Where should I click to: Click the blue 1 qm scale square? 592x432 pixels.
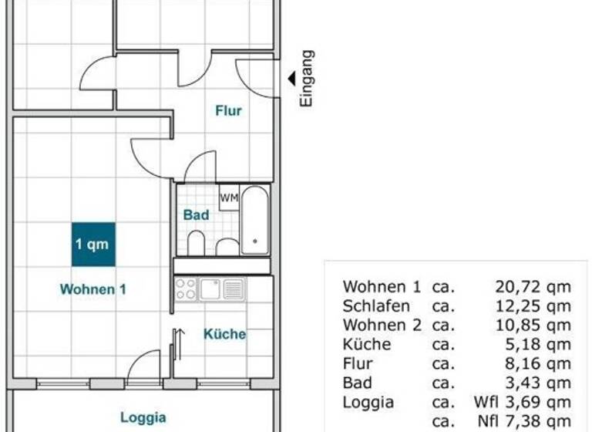(93, 245)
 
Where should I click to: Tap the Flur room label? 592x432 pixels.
(228, 111)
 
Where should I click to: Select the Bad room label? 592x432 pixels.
(196, 215)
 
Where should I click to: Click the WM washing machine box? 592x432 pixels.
(229, 197)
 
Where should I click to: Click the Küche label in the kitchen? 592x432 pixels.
(224, 334)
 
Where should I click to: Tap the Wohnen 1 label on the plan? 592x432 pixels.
(93, 290)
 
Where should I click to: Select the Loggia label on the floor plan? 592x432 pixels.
(143, 417)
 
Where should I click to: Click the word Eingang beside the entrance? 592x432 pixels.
(306, 78)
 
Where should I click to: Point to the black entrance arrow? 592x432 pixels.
(292, 78)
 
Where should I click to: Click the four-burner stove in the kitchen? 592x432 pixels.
(186, 289)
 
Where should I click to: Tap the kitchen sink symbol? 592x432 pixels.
(210, 289)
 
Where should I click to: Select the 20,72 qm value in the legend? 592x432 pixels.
(533, 287)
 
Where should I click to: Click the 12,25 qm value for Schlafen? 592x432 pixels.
(533, 306)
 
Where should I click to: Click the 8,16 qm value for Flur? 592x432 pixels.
(537, 363)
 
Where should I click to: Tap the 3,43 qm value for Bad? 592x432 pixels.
(537, 383)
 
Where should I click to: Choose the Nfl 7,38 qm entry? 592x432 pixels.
(524, 420)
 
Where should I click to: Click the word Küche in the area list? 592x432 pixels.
(367, 344)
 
